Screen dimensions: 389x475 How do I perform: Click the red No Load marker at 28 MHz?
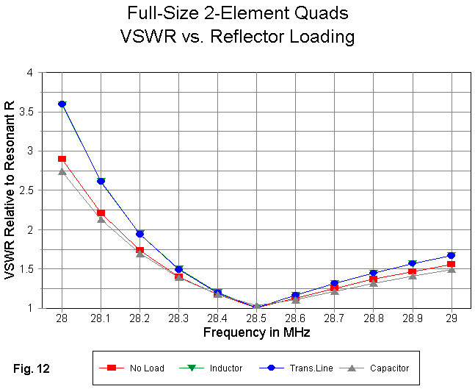(62, 159)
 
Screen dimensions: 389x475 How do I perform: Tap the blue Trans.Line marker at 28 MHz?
(62, 104)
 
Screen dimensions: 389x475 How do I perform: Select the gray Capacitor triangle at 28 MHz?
(62, 171)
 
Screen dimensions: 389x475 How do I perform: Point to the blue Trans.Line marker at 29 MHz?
(451, 255)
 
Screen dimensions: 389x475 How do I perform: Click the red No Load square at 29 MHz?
(451, 264)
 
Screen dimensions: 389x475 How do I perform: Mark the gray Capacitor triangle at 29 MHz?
(451, 270)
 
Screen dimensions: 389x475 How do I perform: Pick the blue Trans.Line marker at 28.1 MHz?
(101, 181)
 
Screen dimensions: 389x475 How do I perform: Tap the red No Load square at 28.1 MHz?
(101, 213)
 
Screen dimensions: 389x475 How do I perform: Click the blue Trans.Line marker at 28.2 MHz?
(139, 234)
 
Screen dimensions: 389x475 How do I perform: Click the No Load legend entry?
(137, 368)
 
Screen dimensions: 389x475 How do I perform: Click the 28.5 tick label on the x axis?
(256, 320)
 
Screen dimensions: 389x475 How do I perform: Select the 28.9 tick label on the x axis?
(412, 320)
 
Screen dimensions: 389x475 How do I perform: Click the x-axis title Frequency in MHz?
(256, 333)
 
